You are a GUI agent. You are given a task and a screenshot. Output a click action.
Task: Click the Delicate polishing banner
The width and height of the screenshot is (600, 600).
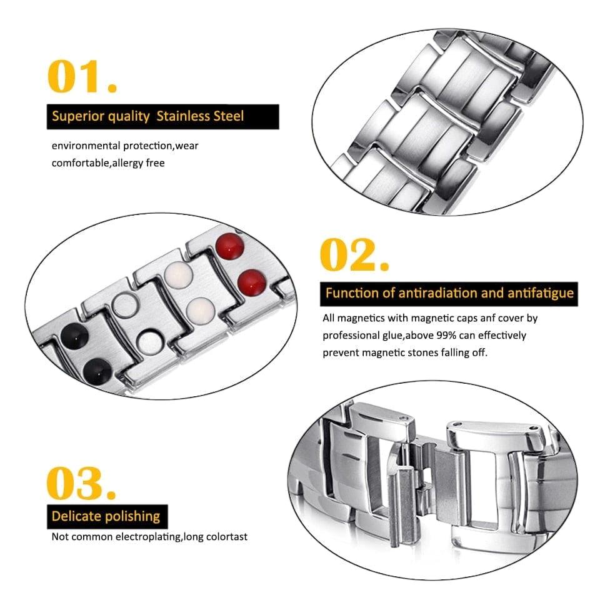(x=106, y=516)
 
